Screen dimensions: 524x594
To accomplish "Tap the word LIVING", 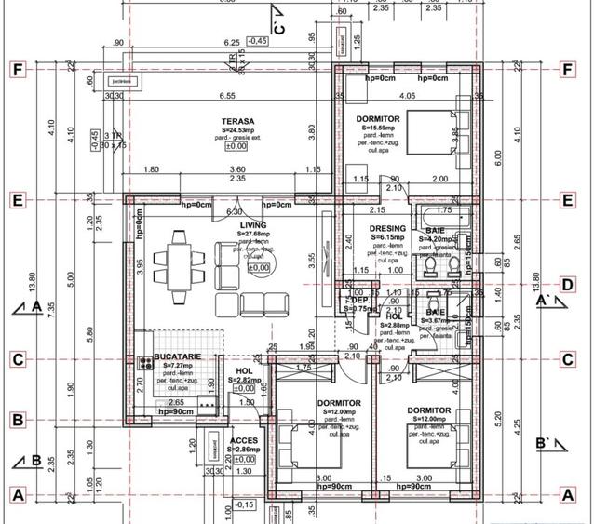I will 252,225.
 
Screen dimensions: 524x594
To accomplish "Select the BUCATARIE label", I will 173,357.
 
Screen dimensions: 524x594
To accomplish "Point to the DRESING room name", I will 387,228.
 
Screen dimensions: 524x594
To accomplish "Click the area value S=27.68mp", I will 252,234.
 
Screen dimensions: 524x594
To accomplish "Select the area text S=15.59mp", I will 377,128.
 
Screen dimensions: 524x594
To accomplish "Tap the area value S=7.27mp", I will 172,367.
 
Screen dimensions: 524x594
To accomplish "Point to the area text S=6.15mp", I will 387,237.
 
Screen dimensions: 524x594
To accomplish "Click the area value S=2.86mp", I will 243,449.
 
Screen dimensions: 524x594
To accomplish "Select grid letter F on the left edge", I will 16,69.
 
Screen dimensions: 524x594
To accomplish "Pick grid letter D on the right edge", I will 566,285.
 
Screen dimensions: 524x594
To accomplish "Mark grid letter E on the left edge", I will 16,199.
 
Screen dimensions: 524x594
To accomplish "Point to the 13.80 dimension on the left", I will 33,279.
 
